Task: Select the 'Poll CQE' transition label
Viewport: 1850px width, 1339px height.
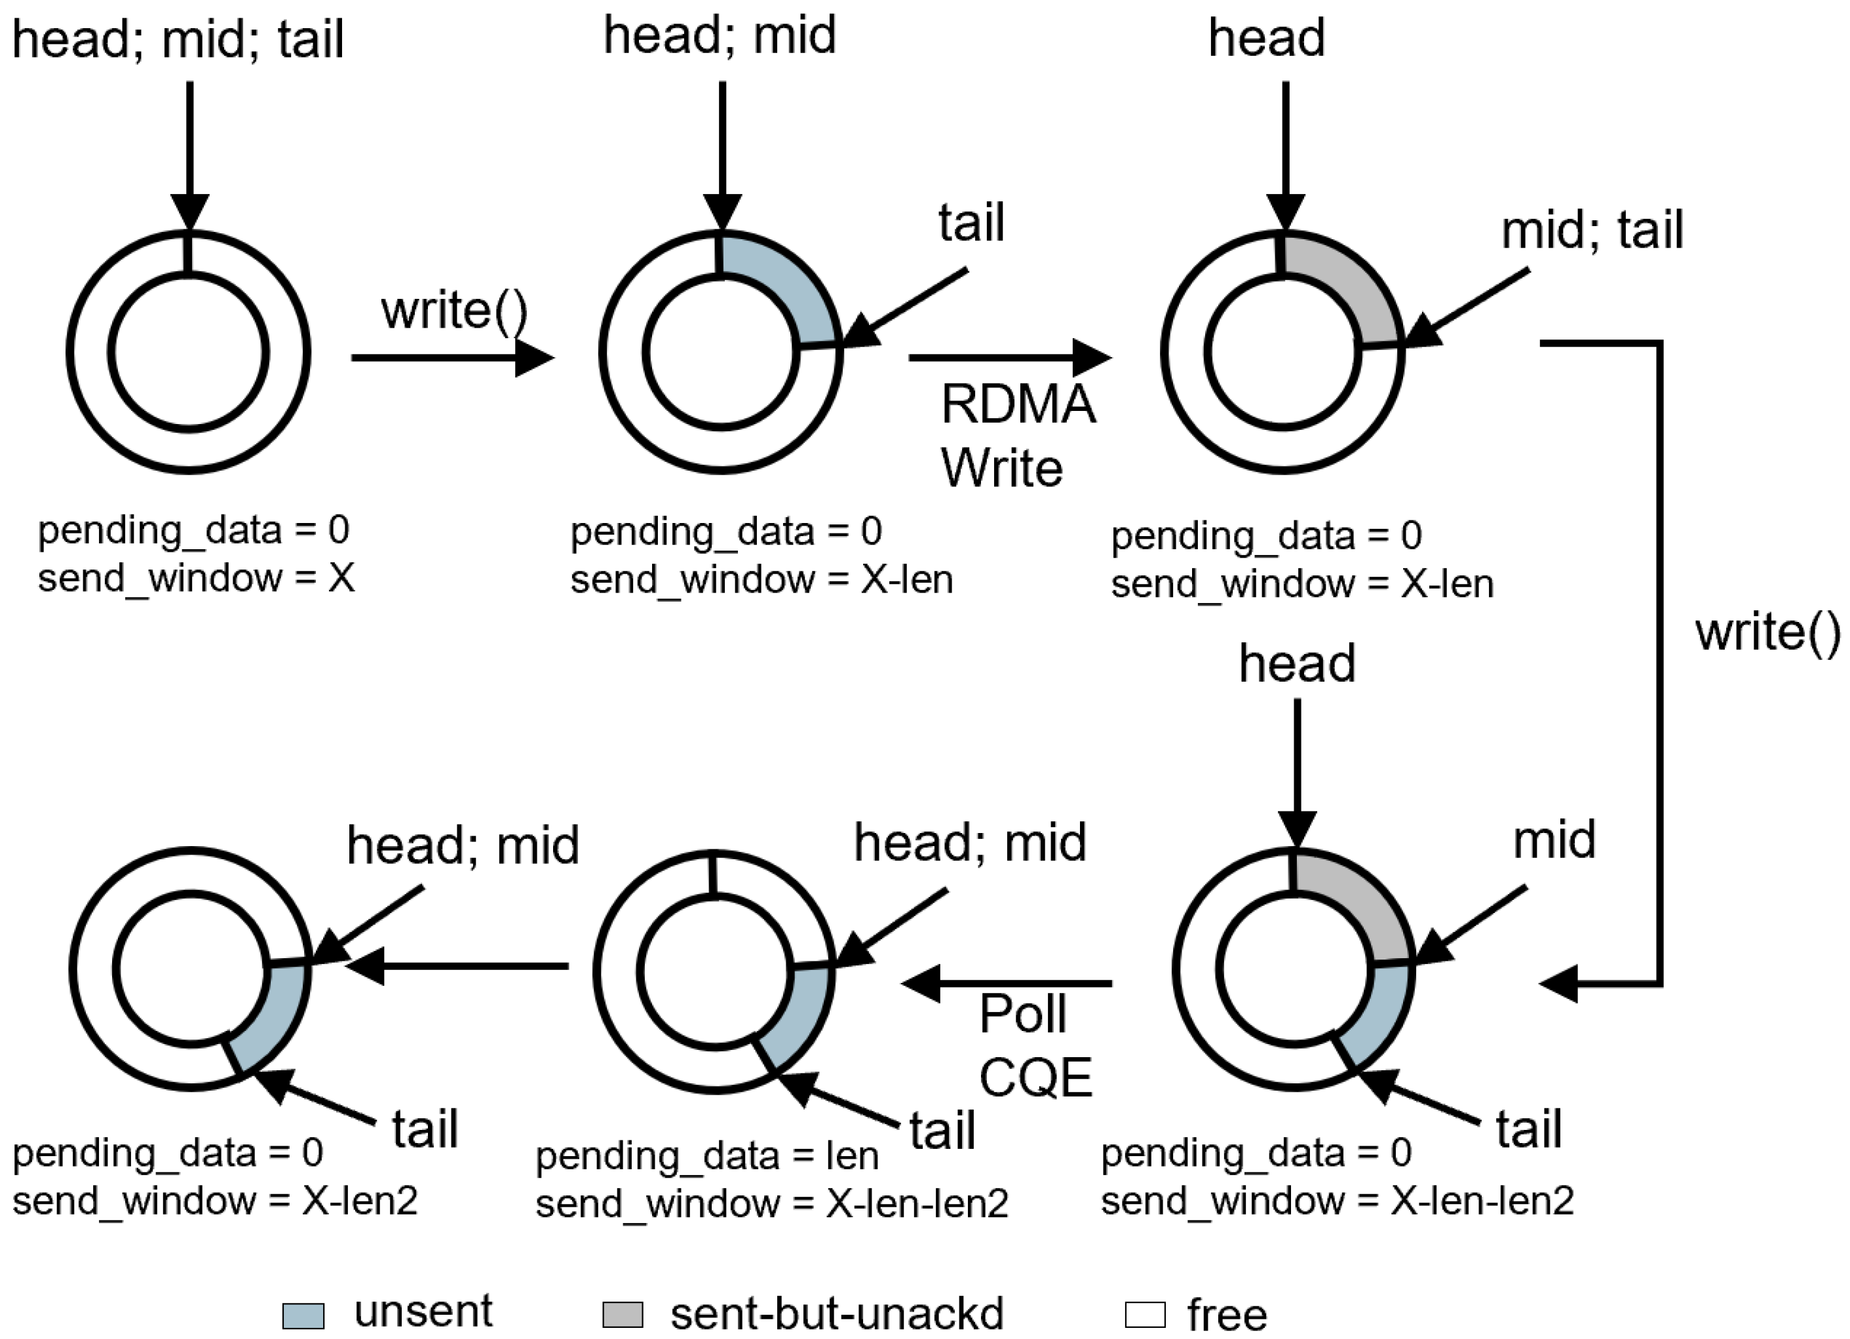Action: (x=1034, y=1045)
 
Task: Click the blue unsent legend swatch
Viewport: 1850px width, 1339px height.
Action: (x=303, y=1315)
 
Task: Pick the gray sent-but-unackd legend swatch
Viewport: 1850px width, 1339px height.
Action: (x=623, y=1315)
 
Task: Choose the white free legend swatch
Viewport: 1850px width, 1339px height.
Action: (x=1144, y=1315)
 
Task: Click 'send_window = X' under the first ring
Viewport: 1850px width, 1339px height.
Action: (x=196, y=579)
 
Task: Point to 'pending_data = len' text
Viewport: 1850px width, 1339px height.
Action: (x=706, y=1155)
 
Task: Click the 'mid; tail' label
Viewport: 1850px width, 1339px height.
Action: (x=1591, y=230)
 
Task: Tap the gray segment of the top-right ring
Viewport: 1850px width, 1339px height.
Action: (x=1350, y=286)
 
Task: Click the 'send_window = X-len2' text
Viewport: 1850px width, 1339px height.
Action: (x=214, y=1200)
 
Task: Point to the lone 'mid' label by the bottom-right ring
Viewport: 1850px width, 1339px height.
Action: (x=1553, y=840)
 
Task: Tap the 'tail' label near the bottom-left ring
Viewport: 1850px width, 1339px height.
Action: (x=424, y=1129)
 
